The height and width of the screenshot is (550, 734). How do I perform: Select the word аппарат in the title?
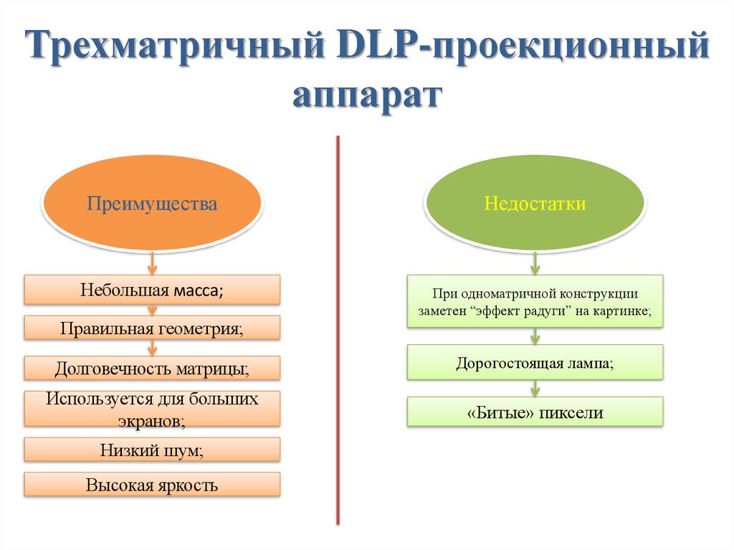click(x=367, y=96)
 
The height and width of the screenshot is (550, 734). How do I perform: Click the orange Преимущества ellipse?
click(x=152, y=204)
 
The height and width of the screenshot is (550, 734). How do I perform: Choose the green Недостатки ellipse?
click(x=535, y=204)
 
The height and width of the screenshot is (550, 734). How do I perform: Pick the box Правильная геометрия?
click(x=152, y=329)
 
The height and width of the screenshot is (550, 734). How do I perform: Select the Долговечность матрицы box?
click(x=152, y=369)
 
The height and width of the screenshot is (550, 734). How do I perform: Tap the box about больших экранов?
click(x=152, y=409)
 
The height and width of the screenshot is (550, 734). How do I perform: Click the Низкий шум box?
click(x=152, y=450)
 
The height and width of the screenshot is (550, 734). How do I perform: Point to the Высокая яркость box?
click(x=152, y=485)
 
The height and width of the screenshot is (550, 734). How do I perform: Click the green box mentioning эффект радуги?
click(x=535, y=302)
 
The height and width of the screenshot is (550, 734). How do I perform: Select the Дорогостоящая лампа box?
click(x=535, y=363)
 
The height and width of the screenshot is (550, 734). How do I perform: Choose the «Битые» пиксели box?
click(x=535, y=413)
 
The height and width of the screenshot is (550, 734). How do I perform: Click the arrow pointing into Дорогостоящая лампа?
click(x=535, y=337)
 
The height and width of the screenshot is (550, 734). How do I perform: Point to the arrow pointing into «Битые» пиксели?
click(x=535, y=388)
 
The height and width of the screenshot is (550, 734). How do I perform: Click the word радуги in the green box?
click(x=550, y=312)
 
